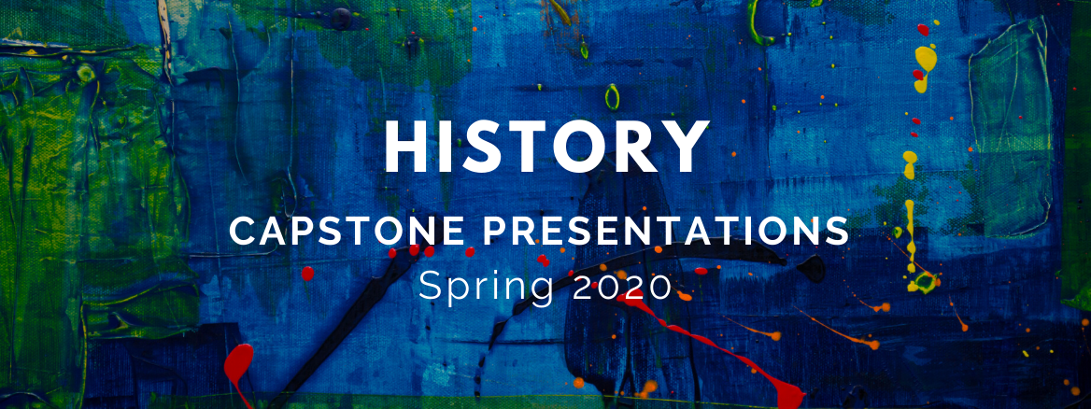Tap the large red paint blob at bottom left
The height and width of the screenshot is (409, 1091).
click(239, 369)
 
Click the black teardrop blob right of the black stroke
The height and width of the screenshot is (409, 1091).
click(812, 268)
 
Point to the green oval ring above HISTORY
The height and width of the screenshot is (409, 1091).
click(612, 97)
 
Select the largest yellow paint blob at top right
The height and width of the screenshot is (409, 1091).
click(926, 67)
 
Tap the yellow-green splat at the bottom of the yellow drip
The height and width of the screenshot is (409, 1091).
click(925, 282)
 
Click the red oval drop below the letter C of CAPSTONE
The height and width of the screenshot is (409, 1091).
click(306, 274)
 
